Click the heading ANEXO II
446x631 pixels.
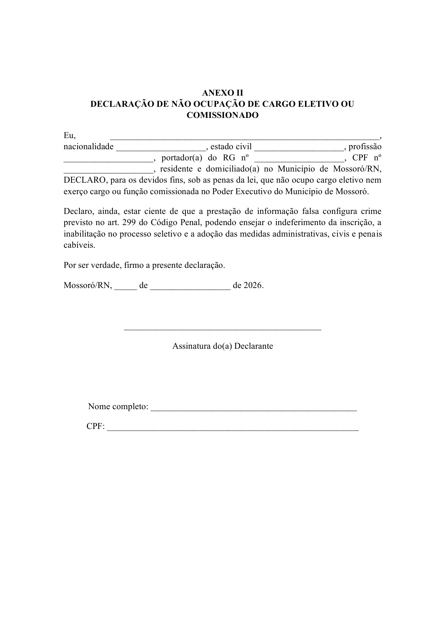pos(222,93)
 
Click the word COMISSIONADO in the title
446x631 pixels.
pos(222,115)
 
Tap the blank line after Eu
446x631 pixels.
pos(244,137)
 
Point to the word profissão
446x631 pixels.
pos(365,147)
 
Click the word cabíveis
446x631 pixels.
pos(79,245)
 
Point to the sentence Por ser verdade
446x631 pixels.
pos(144,265)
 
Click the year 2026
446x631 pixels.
pos(253,286)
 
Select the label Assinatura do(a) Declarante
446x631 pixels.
pos(222,346)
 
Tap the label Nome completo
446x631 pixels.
pos(118,407)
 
